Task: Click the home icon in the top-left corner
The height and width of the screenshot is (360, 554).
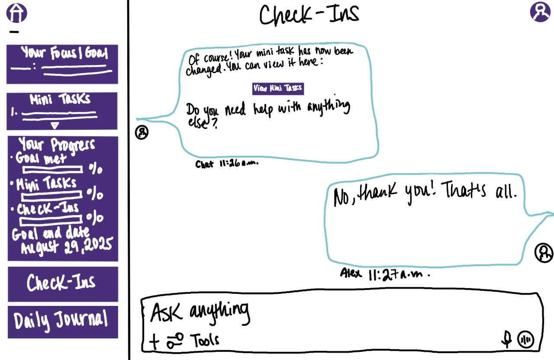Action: click(x=16, y=13)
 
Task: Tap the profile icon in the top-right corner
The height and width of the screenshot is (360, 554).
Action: click(x=540, y=12)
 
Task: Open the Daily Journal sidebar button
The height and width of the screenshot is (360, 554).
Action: click(x=63, y=322)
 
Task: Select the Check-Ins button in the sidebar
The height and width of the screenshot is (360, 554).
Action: click(x=63, y=284)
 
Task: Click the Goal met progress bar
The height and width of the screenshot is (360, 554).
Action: click(x=52, y=169)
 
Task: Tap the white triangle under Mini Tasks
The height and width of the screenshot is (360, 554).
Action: click(x=55, y=126)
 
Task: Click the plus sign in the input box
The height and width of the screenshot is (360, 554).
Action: click(x=154, y=341)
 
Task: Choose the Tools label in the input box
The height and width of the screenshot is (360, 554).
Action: click(x=204, y=340)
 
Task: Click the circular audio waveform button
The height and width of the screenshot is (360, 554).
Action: click(x=526, y=339)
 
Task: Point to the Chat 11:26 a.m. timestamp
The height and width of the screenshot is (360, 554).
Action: click(x=227, y=164)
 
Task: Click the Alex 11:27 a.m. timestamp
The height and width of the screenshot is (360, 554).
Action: click(x=385, y=274)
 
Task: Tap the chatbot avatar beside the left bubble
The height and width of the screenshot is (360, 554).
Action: click(x=142, y=132)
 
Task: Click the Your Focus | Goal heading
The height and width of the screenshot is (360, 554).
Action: click(x=64, y=54)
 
